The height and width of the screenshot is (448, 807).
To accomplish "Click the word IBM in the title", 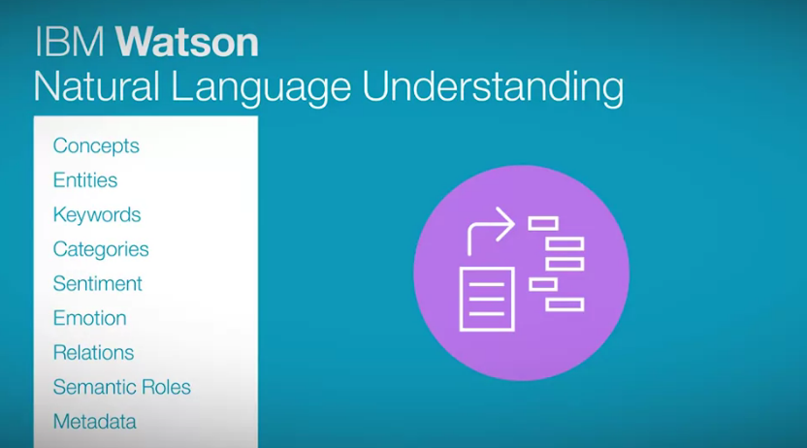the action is coord(70,42).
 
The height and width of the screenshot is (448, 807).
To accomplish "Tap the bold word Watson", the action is coord(186,42).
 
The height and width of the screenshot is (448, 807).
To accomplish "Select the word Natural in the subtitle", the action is coord(97,86).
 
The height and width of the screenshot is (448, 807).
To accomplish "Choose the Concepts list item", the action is coord(96,146).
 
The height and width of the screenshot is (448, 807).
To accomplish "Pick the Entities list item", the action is coord(85,180).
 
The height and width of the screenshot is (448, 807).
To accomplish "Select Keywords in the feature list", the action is coord(97,215).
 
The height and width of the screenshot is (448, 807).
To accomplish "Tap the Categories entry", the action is coord(101,250).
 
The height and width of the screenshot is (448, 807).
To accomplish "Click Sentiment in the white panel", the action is coord(97,284).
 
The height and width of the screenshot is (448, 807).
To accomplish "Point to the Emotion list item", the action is coord(89,318).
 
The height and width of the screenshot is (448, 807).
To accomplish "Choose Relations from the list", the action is coord(94,353).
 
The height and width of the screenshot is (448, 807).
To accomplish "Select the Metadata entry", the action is coord(95,422).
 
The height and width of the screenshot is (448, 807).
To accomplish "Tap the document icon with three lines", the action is coord(487,299).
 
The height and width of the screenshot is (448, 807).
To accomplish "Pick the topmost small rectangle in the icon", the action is coord(543,223).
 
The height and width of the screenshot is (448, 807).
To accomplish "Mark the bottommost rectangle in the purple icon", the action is coord(565,304).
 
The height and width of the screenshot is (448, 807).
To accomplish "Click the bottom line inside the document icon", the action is coord(487,313).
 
